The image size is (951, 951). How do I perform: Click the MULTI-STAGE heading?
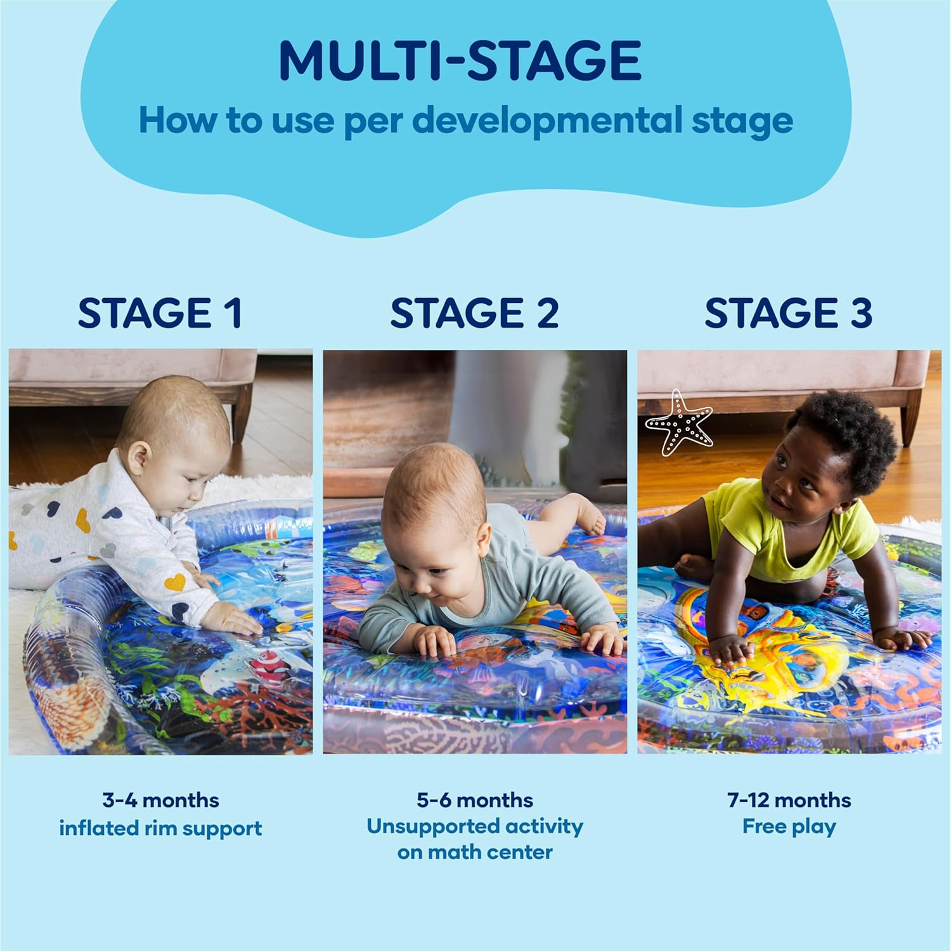pyautogui.click(x=460, y=60)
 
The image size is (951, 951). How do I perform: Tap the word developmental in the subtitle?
pyautogui.click(x=548, y=120)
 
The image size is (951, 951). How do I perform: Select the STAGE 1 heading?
pyautogui.click(x=160, y=313)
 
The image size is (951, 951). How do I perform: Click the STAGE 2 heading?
pyautogui.click(x=474, y=313)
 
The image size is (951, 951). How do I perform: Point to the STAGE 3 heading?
pyautogui.click(x=788, y=313)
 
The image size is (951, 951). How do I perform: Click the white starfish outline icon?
pyautogui.click(x=679, y=423)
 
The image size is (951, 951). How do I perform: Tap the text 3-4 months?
pyautogui.click(x=160, y=800)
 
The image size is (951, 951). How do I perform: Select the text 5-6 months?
pyautogui.click(x=474, y=800)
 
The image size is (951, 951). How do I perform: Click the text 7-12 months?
pyautogui.click(x=789, y=800)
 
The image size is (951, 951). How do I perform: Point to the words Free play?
pyautogui.click(x=789, y=827)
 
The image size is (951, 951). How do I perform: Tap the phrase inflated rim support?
pyautogui.click(x=160, y=828)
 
